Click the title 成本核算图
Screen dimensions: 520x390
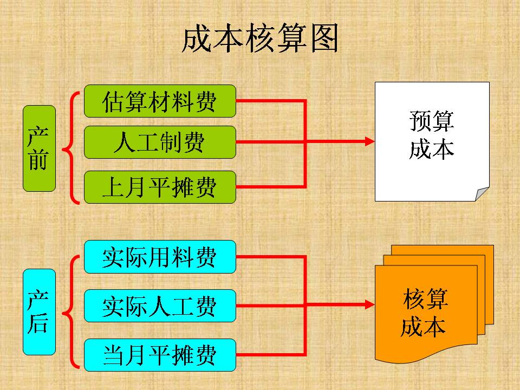[x=260, y=38]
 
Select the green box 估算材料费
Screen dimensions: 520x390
[x=160, y=101]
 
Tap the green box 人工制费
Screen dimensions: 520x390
[x=160, y=142]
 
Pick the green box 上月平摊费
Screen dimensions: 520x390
[x=160, y=187]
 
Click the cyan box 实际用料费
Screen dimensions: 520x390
[x=160, y=257]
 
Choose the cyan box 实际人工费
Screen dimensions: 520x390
[x=160, y=305]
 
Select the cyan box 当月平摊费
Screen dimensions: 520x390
[x=160, y=354]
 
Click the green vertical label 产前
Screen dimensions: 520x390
[x=39, y=148]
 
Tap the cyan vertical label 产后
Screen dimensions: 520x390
[x=39, y=312]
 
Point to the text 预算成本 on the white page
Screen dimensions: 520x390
[x=432, y=135]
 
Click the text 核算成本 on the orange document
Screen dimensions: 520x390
[x=425, y=313]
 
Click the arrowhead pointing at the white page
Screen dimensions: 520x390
[x=369, y=141]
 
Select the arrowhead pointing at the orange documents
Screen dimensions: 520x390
[x=369, y=305]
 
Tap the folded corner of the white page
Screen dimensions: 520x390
[x=482, y=194]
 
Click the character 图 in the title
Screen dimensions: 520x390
[x=324, y=38]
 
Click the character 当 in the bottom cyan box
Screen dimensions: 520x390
[x=113, y=355]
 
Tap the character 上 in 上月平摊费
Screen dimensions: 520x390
[x=113, y=187]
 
